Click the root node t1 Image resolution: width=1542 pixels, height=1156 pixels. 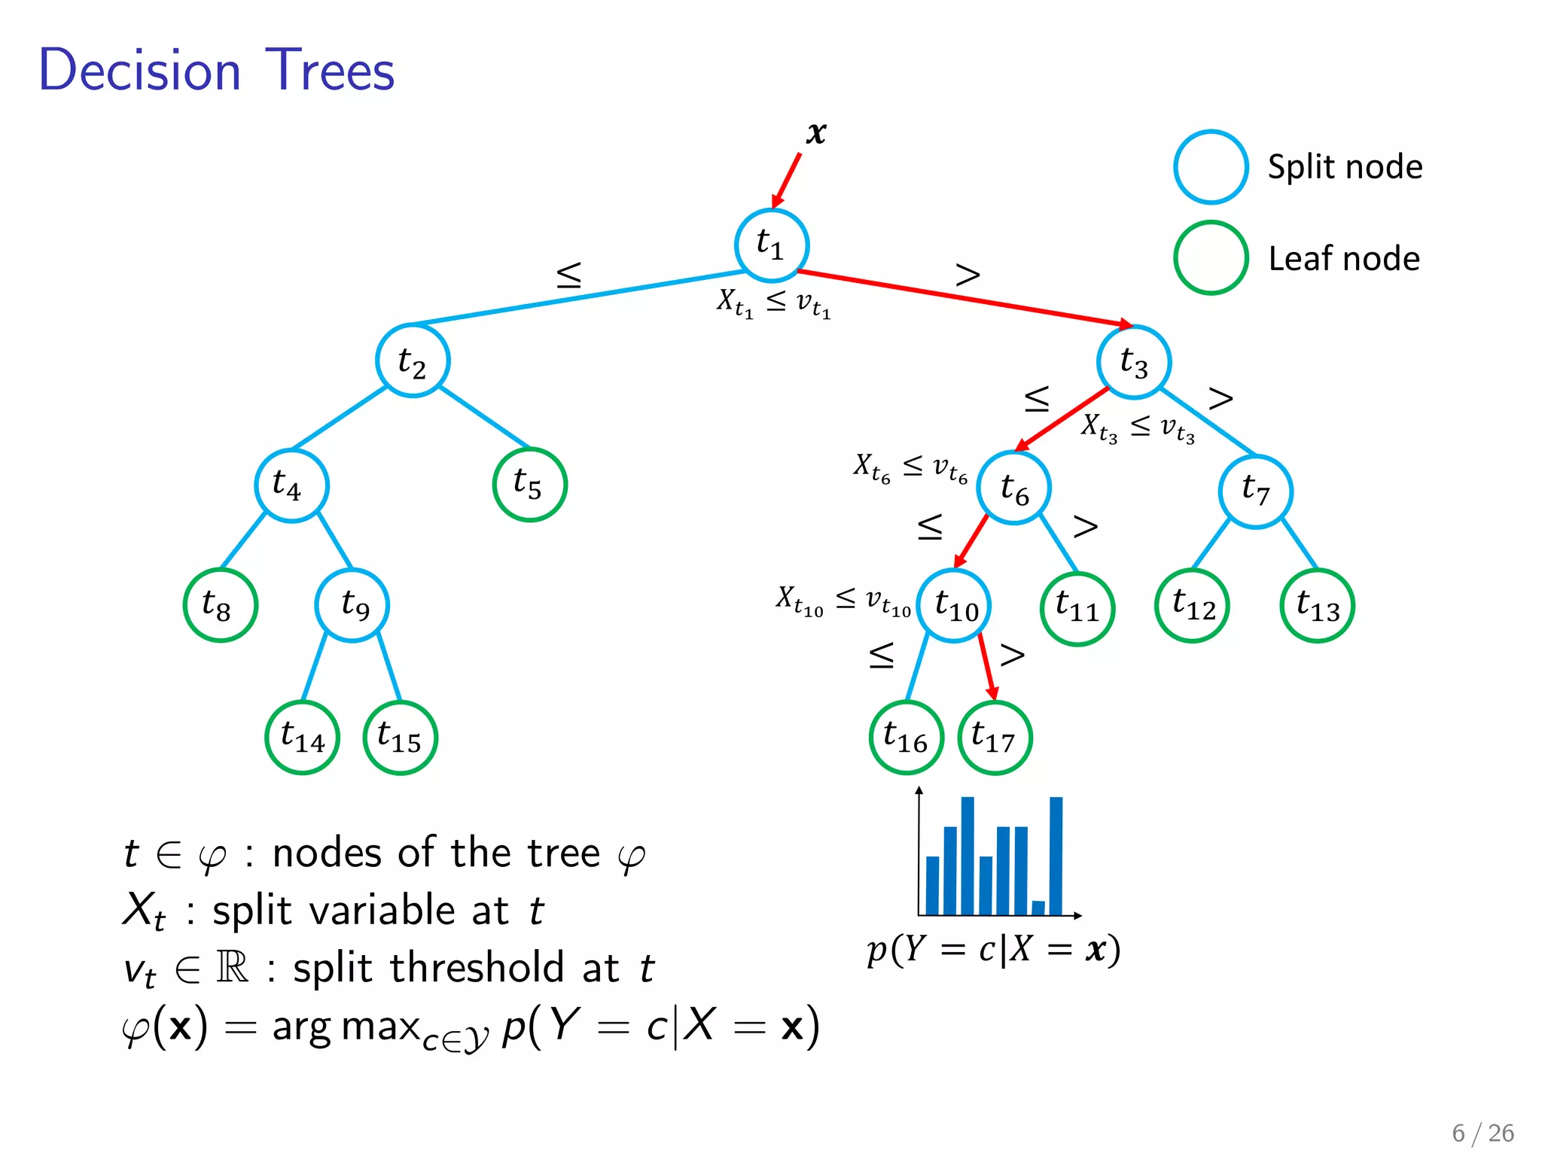771,245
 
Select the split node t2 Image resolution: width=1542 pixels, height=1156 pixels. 413,361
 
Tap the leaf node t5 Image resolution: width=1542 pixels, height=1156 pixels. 529,485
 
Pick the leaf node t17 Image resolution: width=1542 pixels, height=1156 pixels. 995,738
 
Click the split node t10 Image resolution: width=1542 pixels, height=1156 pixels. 954,605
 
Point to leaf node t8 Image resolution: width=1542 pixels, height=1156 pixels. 220,605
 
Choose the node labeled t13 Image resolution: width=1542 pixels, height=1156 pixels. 1317,606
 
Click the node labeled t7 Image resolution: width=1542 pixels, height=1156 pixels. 1256,491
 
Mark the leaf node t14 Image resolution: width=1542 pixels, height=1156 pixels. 302,738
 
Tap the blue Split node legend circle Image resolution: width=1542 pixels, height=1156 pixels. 1211,167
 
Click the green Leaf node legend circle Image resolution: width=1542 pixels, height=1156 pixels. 1211,258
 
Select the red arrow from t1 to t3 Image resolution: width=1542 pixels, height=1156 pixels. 964,297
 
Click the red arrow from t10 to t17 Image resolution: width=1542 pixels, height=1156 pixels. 986,665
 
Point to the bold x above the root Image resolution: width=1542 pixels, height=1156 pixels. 816,134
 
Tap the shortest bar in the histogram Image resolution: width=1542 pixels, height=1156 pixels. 1038,908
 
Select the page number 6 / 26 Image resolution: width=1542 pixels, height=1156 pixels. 1483,1133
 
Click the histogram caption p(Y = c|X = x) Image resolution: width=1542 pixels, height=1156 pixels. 993,950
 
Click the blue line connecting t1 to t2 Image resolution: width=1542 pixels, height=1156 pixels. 580,298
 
